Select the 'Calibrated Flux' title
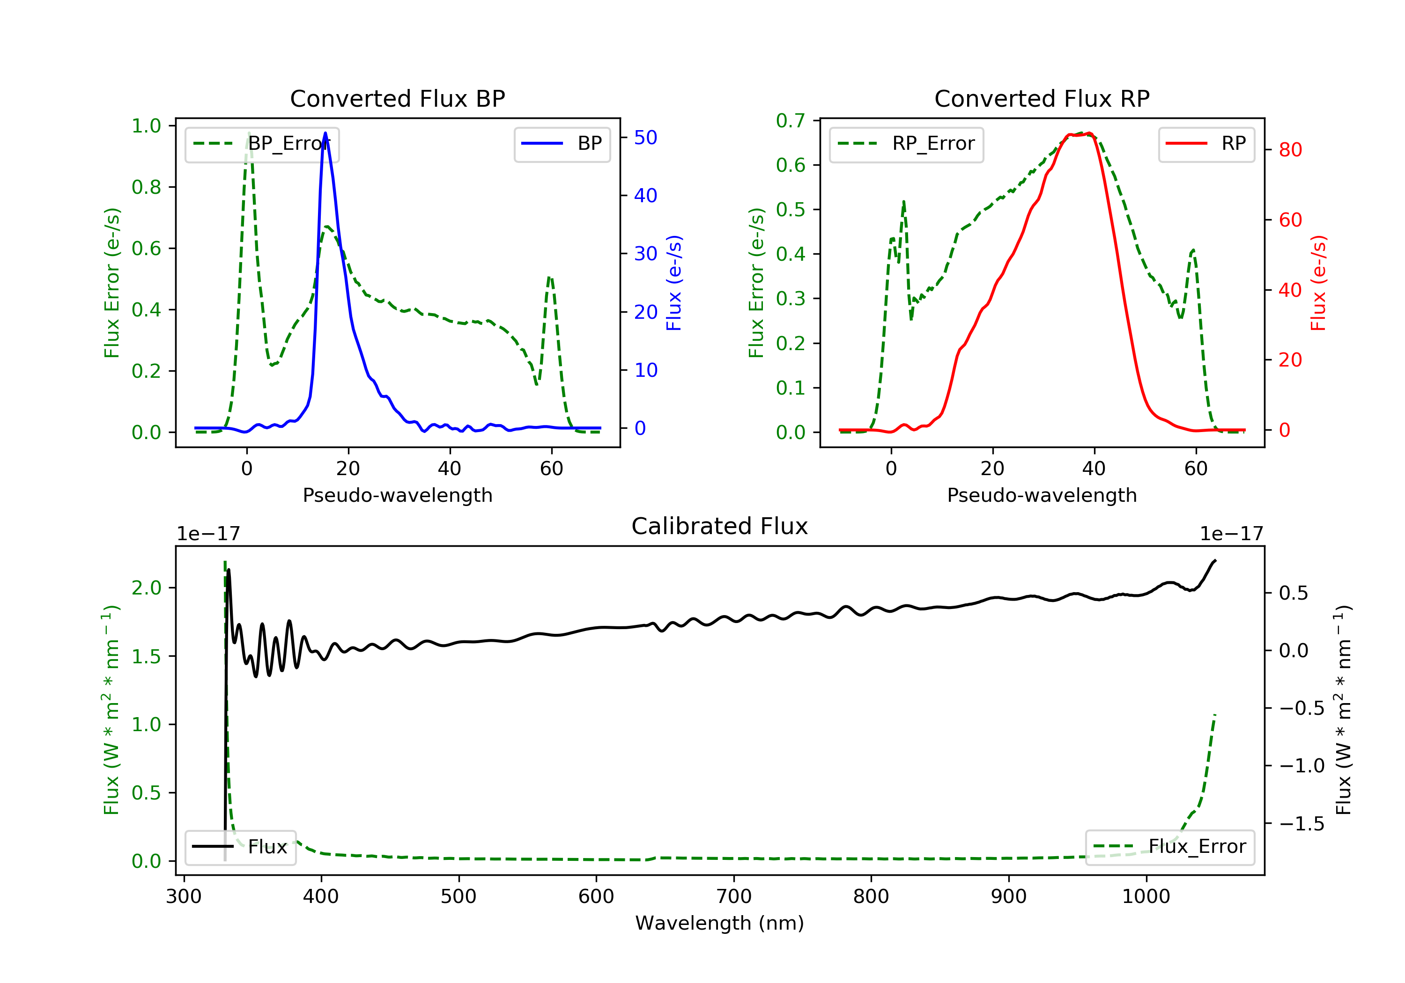pyautogui.click(x=720, y=526)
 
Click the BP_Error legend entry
pyautogui.click(x=262, y=144)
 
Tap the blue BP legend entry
pyautogui.click(x=562, y=144)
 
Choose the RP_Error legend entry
pyautogui.click(x=906, y=144)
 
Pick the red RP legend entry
pyautogui.click(x=1206, y=144)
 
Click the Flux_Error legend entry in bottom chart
pyautogui.click(x=1169, y=847)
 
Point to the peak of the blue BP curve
pyautogui.click(x=325, y=133)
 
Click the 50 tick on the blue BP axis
pyautogui.click(x=645, y=138)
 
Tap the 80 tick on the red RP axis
pyautogui.click(x=1290, y=150)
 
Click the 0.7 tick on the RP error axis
pyautogui.click(x=791, y=121)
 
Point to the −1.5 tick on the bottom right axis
pyautogui.click(x=1301, y=824)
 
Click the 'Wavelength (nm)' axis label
pyautogui.click(x=720, y=923)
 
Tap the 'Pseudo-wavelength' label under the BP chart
pyautogui.click(x=398, y=495)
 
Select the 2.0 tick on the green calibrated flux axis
pyautogui.click(x=146, y=588)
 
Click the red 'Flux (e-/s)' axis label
pyautogui.click(x=1318, y=283)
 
